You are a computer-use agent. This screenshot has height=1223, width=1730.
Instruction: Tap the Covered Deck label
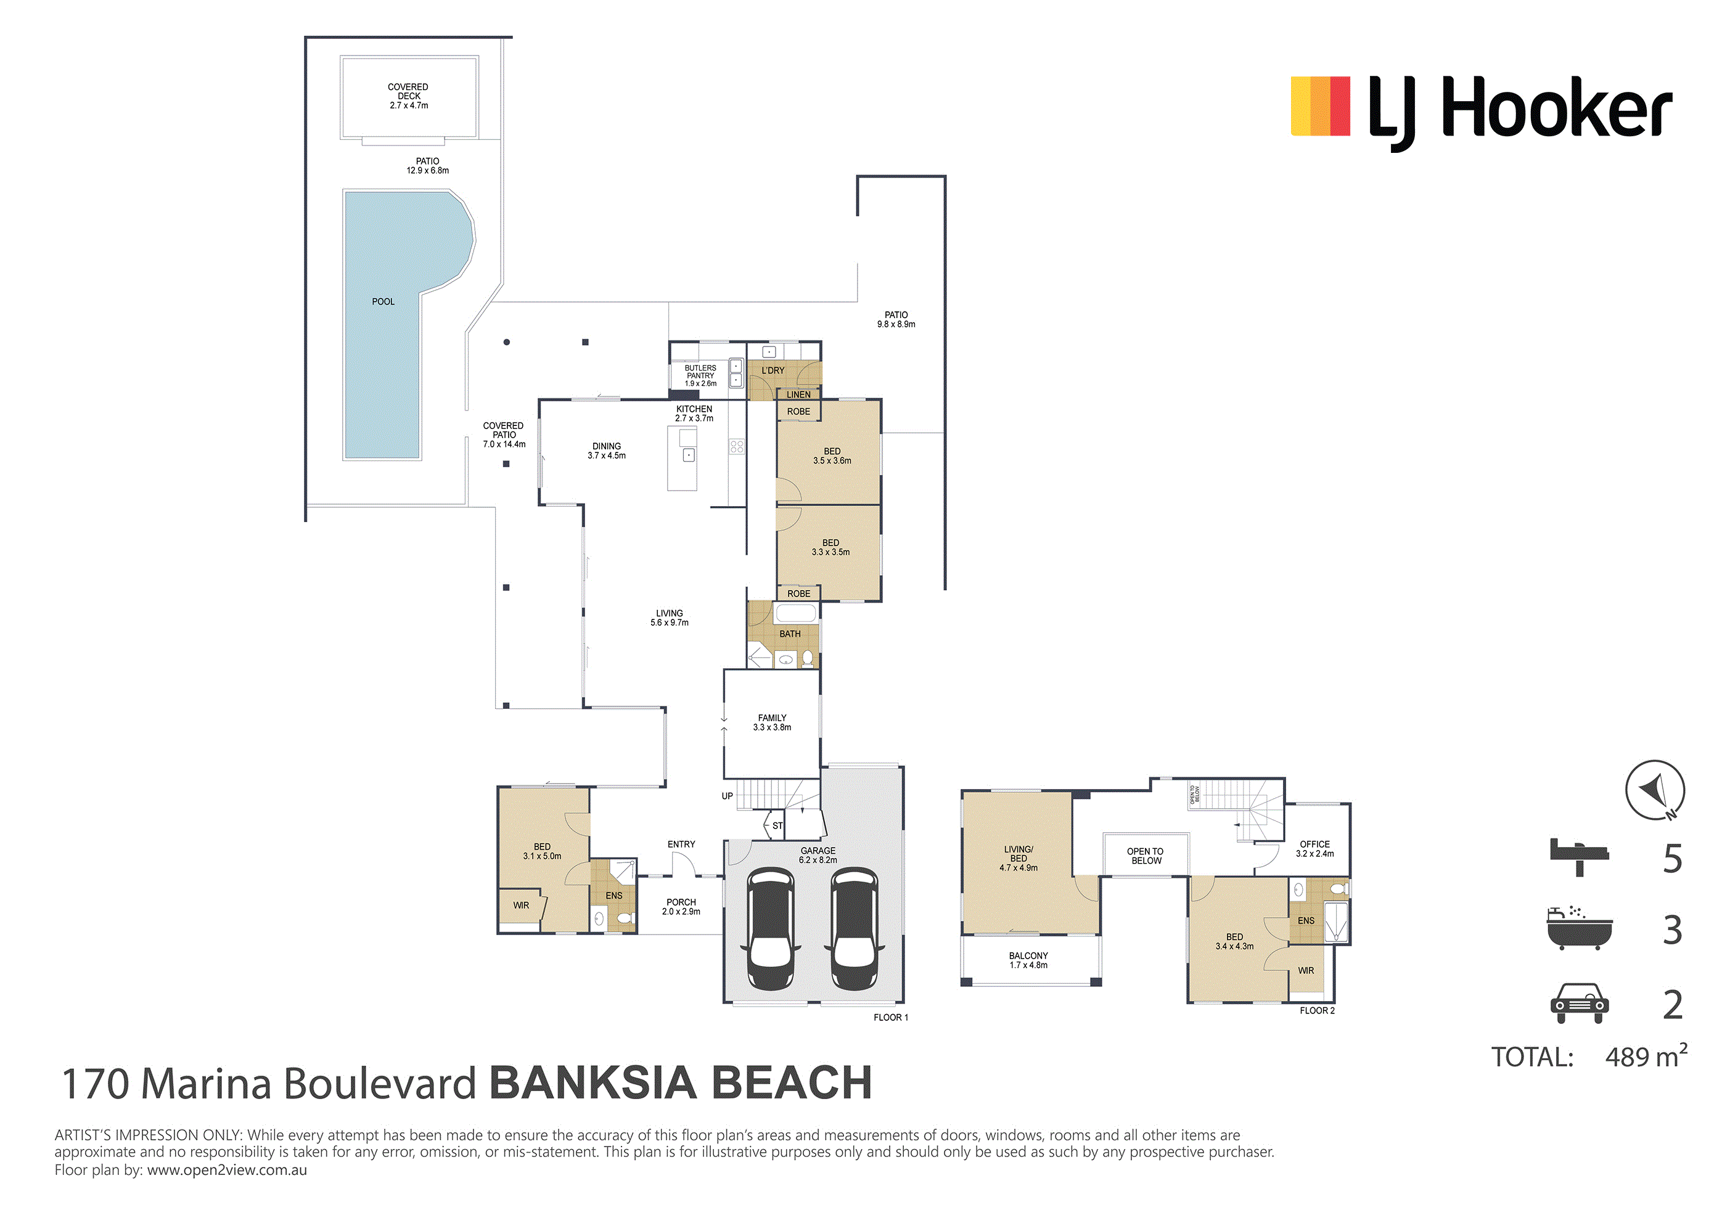pyautogui.click(x=408, y=96)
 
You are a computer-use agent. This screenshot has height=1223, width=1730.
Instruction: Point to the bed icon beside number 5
pyautogui.click(x=1580, y=857)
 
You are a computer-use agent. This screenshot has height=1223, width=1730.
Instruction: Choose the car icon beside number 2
pyautogui.click(x=1580, y=1003)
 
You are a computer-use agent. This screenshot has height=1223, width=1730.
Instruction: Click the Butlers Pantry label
pyautogui.click(x=701, y=376)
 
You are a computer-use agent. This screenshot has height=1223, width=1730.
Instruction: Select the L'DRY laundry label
pyautogui.click(x=773, y=370)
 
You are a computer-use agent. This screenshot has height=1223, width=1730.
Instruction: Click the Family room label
pyautogui.click(x=773, y=722)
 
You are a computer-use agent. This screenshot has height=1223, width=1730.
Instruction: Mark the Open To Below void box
pyautogui.click(x=1146, y=854)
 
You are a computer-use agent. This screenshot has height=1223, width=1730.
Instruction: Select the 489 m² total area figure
pyautogui.click(x=1646, y=1057)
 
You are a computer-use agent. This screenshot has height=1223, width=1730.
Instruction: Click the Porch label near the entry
pyautogui.click(x=681, y=907)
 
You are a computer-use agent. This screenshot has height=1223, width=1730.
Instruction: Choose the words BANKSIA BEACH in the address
pyautogui.click(x=681, y=1083)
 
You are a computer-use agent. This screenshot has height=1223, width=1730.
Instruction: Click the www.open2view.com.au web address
pyautogui.click(x=227, y=1170)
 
